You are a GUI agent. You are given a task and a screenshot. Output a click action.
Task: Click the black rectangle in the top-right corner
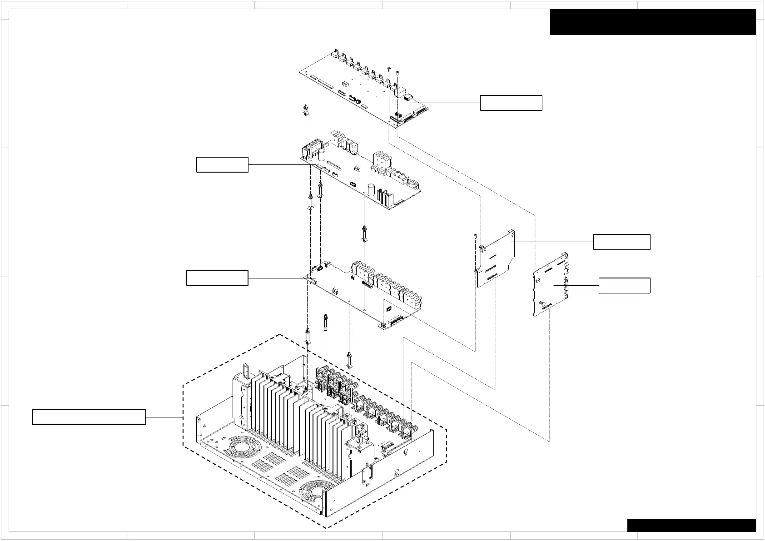coord(652,22)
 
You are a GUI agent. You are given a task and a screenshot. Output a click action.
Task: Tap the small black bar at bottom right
coord(691,525)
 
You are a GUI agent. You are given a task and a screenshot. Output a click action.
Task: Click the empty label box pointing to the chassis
coord(89,417)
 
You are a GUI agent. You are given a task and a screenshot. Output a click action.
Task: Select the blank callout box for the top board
coord(511,103)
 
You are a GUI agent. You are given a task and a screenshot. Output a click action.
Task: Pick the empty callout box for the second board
coord(222,164)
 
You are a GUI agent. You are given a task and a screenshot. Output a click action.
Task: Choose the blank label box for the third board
coord(217,278)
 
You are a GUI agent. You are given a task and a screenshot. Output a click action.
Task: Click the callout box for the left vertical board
coord(621,242)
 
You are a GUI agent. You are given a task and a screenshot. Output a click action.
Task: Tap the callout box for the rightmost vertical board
coord(624,286)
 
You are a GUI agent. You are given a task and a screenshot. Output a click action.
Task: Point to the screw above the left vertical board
coord(475,237)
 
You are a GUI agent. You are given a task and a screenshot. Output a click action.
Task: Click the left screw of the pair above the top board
coord(390,69)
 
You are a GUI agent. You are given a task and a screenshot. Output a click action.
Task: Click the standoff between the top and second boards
coord(305,110)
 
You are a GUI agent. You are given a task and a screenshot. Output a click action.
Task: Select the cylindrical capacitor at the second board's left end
coord(322,155)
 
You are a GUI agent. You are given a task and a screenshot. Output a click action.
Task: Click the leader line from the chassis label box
coord(164,417)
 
